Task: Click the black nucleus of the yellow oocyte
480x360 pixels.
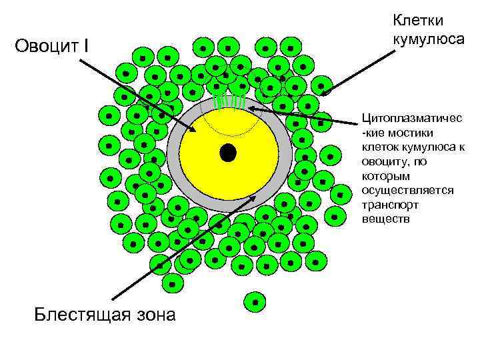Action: pos(229,153)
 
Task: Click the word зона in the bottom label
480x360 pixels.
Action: pos(154,314)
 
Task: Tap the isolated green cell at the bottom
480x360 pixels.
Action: pos(254,302)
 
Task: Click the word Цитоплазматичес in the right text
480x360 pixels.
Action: pos(411,118)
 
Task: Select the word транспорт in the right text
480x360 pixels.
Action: pos(390,205)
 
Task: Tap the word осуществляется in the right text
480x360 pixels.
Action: pos(407,190)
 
